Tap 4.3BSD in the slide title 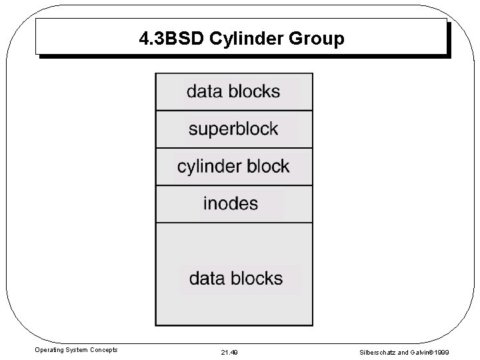click(172, 39)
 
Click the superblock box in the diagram click(233, 129)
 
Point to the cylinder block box click(233, 166)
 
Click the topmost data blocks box click(233, 91)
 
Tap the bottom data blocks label click(236, 278)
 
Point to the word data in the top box click(202, 91)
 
